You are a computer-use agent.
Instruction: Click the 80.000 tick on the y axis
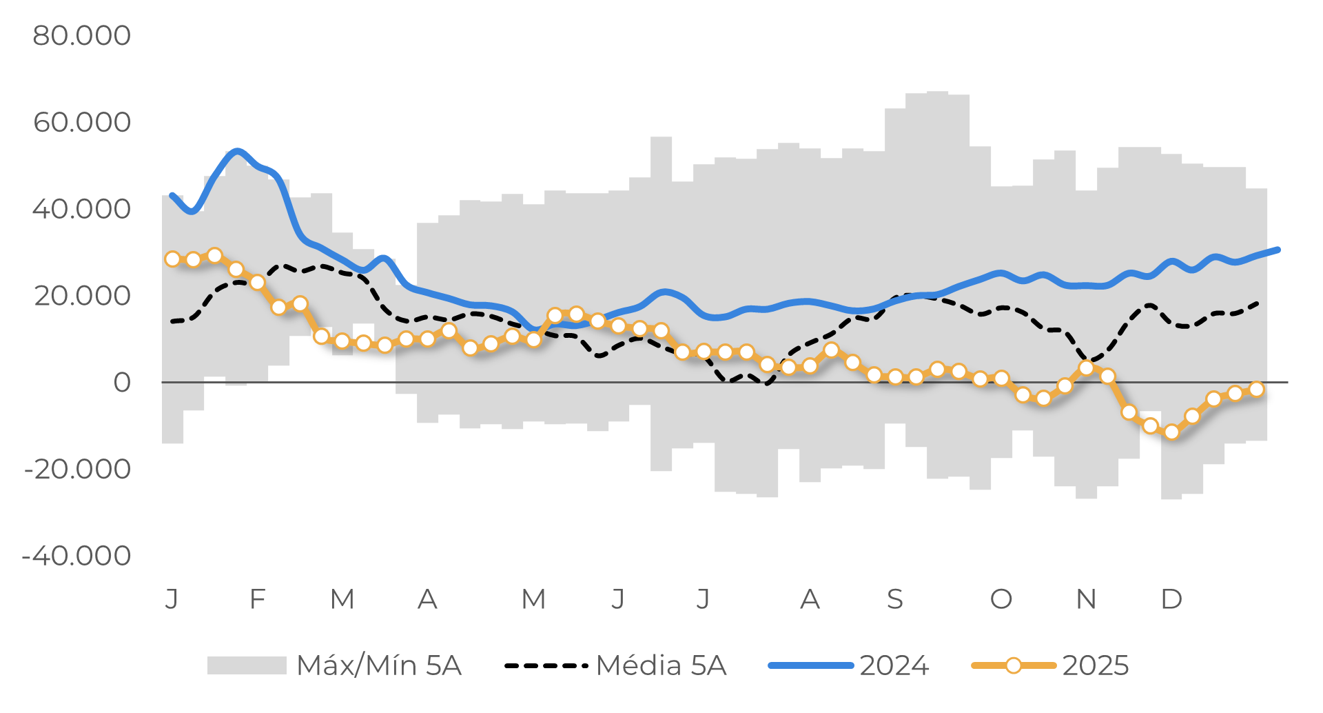click(81, 36)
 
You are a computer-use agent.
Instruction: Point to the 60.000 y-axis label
click(81, 123)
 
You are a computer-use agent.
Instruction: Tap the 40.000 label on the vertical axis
click(81, 209)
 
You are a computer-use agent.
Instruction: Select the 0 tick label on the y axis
click(122, 383)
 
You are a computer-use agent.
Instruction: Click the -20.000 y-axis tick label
click(77, 470)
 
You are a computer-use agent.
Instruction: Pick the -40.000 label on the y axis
click(77, 556)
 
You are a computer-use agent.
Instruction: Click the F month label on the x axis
click(258, 599)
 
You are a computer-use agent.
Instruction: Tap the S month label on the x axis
click(894, 599)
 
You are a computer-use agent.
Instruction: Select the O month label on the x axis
click(1001, 599)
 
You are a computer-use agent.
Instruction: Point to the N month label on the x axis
click(1086, 599)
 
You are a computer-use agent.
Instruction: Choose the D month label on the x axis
click(1171, 599)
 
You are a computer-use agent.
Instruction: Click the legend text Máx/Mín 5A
click(379, 666)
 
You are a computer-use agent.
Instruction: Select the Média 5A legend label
click(661, 666)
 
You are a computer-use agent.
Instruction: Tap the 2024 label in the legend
click(894, 666)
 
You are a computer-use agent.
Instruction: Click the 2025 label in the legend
click(1095, 666)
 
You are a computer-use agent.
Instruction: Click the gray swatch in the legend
click(247, 665)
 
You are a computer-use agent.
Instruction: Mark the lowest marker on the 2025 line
click(1171, 432)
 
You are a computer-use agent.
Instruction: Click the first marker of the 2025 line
click(172, 259)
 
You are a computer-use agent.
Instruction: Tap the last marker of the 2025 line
click(1256, 390)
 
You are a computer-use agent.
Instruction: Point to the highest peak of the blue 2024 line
click(237, 151)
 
